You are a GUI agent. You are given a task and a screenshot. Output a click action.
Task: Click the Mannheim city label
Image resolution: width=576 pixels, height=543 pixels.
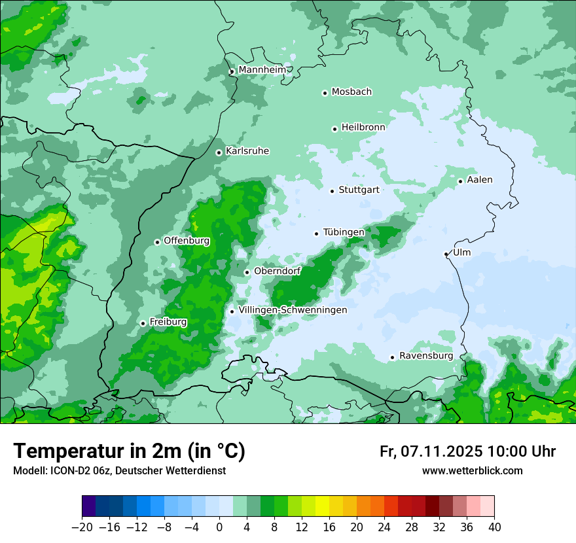coord(262,70)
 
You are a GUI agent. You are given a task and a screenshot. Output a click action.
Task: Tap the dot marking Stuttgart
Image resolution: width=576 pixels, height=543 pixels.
coord(332,191)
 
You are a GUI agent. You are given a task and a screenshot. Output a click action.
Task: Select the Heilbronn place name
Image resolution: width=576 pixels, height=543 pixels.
coord(363,127)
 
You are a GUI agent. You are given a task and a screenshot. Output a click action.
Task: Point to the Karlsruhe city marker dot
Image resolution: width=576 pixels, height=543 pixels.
coord(219,152)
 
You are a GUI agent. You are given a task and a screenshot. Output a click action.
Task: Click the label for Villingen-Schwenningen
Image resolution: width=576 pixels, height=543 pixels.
coord(293,310)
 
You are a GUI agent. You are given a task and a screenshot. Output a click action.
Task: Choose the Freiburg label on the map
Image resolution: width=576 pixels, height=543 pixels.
coord(168,322)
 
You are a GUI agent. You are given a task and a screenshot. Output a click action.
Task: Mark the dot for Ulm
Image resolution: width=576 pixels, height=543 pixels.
coord(446,254)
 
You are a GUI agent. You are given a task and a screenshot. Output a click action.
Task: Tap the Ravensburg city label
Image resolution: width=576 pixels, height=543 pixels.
coord(425,356)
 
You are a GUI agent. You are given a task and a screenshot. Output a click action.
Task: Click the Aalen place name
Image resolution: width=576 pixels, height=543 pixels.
coord(480,180)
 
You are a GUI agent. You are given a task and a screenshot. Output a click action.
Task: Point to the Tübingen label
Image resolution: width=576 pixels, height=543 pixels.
coord(344,232)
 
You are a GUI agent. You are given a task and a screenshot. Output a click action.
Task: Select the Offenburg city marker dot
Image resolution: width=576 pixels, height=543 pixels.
coord(157,242)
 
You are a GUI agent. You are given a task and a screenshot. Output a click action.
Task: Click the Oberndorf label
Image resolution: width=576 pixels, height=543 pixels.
coord(277,271)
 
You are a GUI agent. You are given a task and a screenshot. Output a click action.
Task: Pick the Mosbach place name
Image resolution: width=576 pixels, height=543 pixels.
coord(351,92)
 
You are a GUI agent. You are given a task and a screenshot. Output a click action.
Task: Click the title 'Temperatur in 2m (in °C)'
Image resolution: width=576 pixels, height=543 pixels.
coord(129,451)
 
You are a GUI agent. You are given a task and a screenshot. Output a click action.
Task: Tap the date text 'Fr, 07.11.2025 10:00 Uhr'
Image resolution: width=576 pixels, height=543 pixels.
coord(467,451)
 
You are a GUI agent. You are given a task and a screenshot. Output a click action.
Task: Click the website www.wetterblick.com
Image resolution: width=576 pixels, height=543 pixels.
coord(472,471)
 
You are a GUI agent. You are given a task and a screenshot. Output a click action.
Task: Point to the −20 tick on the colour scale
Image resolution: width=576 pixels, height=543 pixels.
coord(82,527)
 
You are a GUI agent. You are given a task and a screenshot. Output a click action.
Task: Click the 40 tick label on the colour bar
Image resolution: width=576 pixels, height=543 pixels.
coord(494,527)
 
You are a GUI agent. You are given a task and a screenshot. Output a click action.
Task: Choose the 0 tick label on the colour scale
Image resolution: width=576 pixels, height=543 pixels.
coord(219,527)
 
